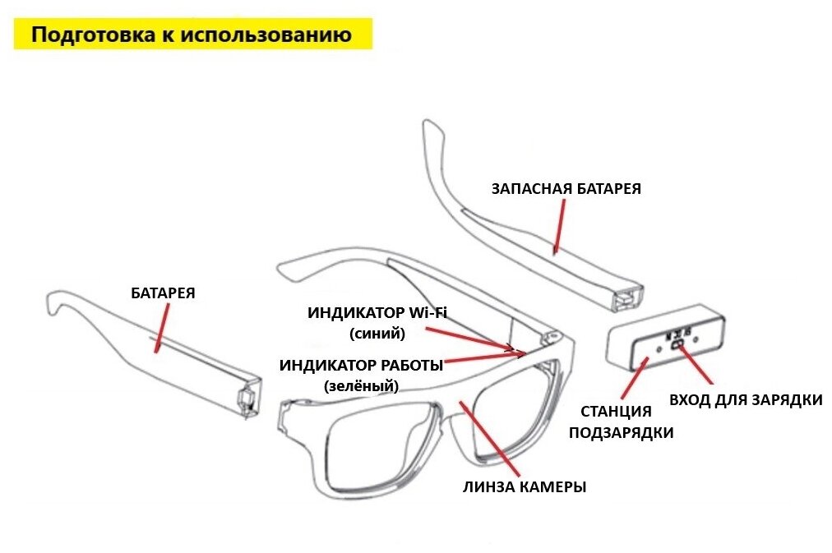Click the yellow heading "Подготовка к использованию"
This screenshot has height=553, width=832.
click(x=192, y=35)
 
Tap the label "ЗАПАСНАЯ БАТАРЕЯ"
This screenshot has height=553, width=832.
click(x=566, y=188)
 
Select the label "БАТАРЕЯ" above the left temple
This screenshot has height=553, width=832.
click(x=163, y=293)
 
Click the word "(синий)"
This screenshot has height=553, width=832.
click(x=377, y=334)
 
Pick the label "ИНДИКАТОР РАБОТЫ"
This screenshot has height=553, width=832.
click(x=361, y=365)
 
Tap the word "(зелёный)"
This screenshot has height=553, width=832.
click(x=361, y=385)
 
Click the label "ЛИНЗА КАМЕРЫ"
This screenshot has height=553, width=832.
click(x=525, y=486)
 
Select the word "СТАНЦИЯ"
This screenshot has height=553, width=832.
click(x=616, y=412)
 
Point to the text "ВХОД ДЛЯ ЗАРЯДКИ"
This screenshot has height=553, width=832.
click(x=746, y=400)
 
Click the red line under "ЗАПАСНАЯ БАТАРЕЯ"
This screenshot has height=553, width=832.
click(x=560, y=224)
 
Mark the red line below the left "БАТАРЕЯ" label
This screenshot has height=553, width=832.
click(x=161, y=327)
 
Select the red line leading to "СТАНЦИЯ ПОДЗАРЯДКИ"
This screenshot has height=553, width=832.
click(x=633, y=376)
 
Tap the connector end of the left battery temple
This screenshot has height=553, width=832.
click(x=244, y=399)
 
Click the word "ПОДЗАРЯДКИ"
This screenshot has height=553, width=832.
click(x=622, y=432)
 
